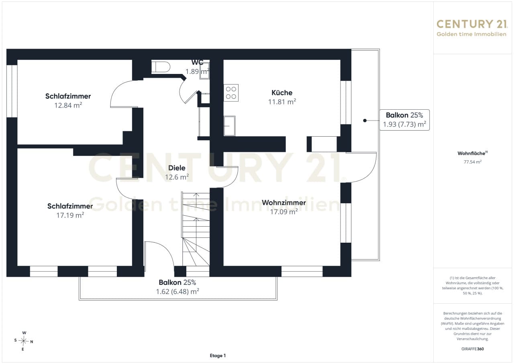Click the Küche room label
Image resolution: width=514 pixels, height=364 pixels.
coord(282,93)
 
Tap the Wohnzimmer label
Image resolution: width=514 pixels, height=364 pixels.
coord(284,202)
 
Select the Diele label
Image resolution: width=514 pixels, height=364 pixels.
coord(177,168)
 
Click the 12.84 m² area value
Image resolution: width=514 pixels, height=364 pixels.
coord(68,105)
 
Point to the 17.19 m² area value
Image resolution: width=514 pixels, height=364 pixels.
coord(70,215)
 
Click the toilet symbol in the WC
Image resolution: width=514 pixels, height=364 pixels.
coord(161,67)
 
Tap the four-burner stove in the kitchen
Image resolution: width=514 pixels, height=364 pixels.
coord(231,93)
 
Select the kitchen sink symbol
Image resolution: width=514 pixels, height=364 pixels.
coord(229,126)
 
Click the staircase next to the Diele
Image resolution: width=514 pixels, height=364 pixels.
coord(196,229)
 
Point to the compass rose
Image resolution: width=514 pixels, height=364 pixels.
coord(23,341)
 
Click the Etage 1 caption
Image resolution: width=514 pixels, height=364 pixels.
coord(218,356)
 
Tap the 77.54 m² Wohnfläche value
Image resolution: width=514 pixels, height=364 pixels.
coord(473,162)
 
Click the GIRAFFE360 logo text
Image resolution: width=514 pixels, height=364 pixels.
coord(473,349)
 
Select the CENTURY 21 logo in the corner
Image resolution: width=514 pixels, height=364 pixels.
coord(471,28)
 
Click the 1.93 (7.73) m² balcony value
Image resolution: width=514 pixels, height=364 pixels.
coord(404,124)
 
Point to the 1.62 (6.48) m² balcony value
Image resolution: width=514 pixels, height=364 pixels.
coord(177,291)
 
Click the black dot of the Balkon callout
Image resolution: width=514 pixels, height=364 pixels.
coord(365,121)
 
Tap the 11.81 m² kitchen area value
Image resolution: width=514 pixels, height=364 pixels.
coord(282,102)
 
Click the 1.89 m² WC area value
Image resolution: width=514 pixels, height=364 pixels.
coord(197,72)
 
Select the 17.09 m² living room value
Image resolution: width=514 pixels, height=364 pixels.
coord(284,212)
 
